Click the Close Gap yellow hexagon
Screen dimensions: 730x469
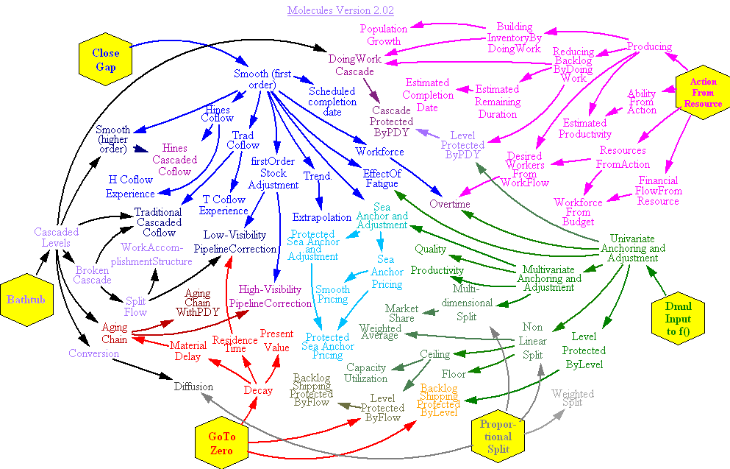pyautogui.click(x=106, y=59)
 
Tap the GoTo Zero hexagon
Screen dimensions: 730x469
pyautogui.click(x=221, y=443)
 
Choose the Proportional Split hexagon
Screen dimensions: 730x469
pyautogui.click(x=498, y=437)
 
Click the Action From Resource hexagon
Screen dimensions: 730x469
pyautogui.click(x=703, y=92)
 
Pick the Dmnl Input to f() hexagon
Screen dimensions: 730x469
pyautogui.click(x=678, y=319)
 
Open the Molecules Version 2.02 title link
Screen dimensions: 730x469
pyautogui.click(x=341, y=10)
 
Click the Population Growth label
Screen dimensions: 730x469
pyautogui.click(x=384, y=35)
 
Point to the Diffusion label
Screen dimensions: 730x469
pyautogui.click(x=193, y=387)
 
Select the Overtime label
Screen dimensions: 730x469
pyautogui.click(x=450, y=204)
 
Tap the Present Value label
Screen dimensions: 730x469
pyautogui.click(x=276, y=341)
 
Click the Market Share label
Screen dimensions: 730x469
pyautogui.click(x=401, y=314)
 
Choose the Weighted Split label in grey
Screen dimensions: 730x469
pyautogui.click(x=573, y=398)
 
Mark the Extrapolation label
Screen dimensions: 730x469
pyautogui.click(x=322, y=217)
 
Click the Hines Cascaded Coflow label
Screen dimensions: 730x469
pyautogui.click(x=174, y=160)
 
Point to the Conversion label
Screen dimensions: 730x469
pyautogui.click(x=93, y=353)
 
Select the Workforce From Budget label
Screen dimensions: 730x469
pyautogui.click(x=579, y=212)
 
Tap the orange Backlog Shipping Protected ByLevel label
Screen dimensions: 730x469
pyautogui.click(x=440, y=400)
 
